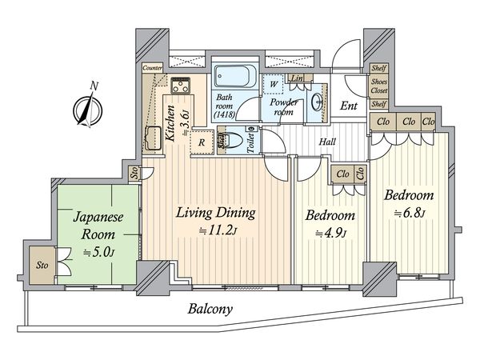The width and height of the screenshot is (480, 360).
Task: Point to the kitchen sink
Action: pyautogui.click(x=152, y=138)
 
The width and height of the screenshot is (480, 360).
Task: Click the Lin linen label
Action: pyautogui.click(x=297, y=78)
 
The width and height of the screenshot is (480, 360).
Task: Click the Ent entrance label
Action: pyautogui.click(x=349, y=106)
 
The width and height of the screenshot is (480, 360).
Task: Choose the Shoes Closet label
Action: pyautogui.click(x=379, y=86)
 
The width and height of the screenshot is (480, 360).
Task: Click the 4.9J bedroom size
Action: pyautogui.click(x=330, y=234)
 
